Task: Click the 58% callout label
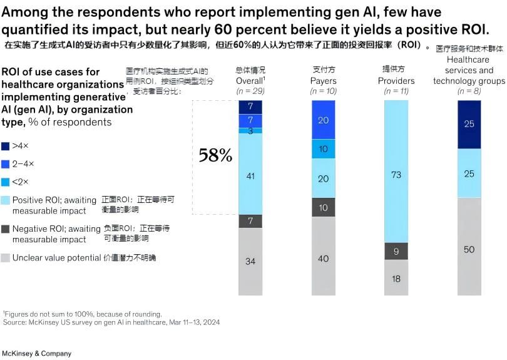pyautogui.click(x=215, y=155)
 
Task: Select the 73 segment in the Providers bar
pyautogui.click(x=396, y=175)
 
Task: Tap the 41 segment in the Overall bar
pyautogui.click(x=250, y=177)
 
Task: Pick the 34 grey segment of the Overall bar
pyautogui.click(x=250, y=261)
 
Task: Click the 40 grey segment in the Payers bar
pyautogui.click(x=323, y=258)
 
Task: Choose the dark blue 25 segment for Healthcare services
pyautogui.click(x=469, y=124)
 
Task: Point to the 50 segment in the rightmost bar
pyautogui.click(x=469, y=249)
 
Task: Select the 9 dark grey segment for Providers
pyautogui.click(x=396, y=251)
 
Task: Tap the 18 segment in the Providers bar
pyautogui.click(x=396, y=279)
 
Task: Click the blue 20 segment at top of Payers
pyautogui.click(x=323, y=120)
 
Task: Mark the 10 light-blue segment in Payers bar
pyautogui.click(x=323, y=149)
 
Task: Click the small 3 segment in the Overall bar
pyautogui.click(x=250, y=131)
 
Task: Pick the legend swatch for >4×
pyautogui.click(x=6, y=145)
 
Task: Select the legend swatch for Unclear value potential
pyautogui.click(x=6, y=257)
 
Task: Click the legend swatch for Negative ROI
pyautogui.click(x=6, y=229)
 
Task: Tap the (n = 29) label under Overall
pyautogui.click(x=250, y=91)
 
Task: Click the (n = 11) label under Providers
pyautogui.click(x=396, y=91)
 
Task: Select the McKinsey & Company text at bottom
pyautogui.click(x=37, y=354)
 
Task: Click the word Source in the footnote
pyautogui.click(x=13, y=322)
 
